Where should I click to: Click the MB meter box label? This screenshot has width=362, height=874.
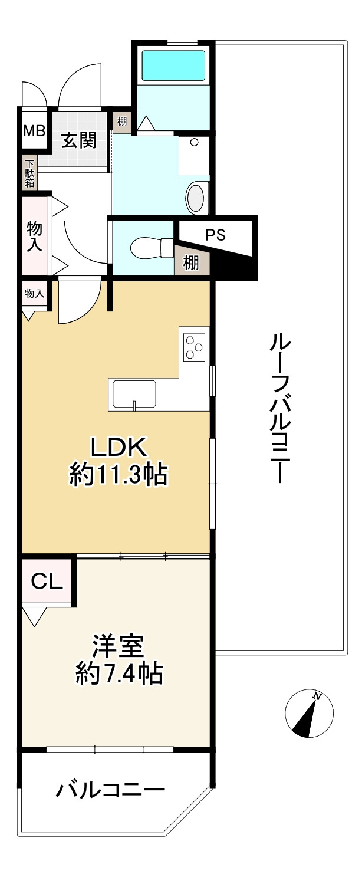click(34, 130)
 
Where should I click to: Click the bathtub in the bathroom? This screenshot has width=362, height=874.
click(173, 65)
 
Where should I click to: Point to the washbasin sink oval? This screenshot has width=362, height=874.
click(196, 196)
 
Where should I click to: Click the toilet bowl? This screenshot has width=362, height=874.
click(147, 248)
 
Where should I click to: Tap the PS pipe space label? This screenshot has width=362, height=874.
click(216, 235)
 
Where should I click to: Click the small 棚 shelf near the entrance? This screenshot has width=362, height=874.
click(121, 123)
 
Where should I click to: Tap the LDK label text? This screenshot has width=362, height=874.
click(117, 449)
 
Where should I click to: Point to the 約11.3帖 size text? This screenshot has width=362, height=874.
click(117, 475)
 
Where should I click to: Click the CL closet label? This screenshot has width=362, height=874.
click(47, 582)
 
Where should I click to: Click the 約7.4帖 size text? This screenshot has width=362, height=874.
click(119, 673)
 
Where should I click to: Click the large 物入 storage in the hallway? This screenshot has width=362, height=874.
click(34, 236)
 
